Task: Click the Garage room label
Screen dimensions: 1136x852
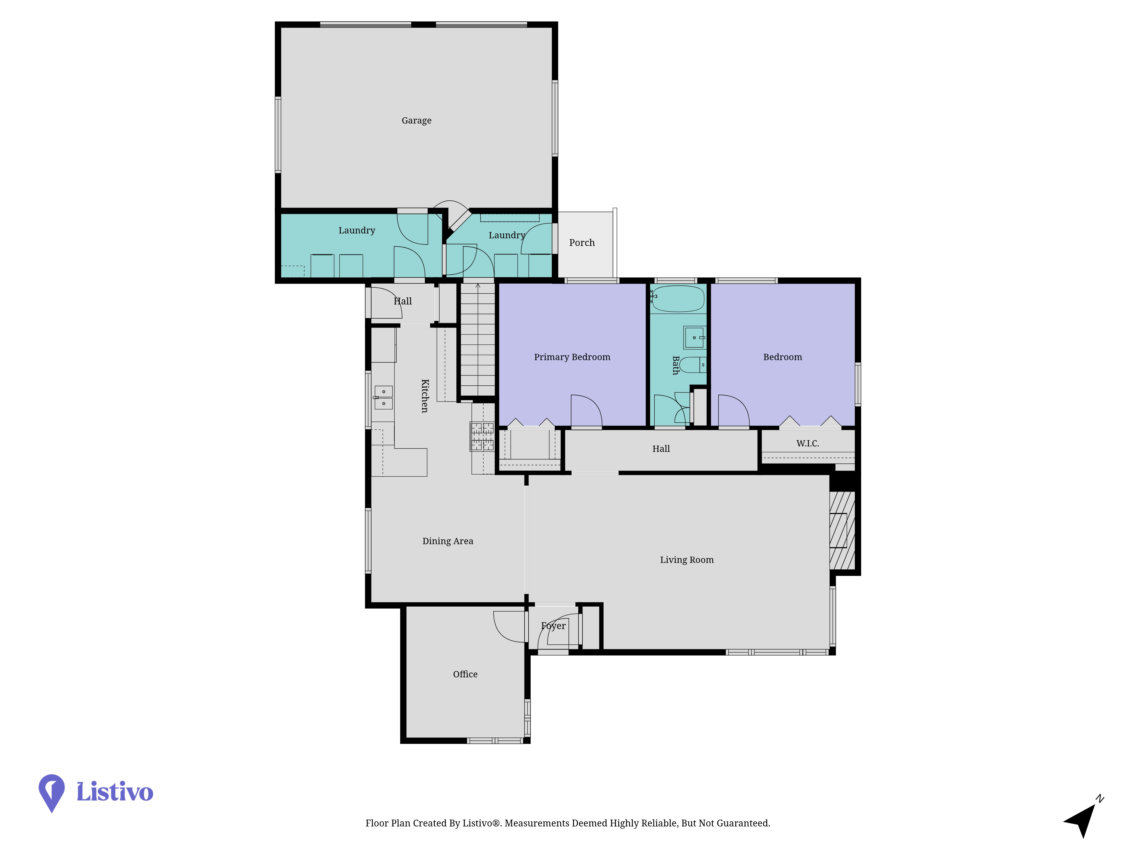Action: tap(417, 121)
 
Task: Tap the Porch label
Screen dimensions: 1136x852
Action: tap(582, 243)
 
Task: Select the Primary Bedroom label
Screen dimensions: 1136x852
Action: tap(572, 357)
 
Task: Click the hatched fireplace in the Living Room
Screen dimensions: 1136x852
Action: tap(842, 531)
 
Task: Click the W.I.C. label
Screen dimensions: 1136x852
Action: tap(808, 443)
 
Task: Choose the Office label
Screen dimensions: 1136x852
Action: tap(465, 674)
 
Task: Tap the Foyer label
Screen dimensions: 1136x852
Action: tap(553, 626)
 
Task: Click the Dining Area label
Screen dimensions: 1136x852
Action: tap(448, 541)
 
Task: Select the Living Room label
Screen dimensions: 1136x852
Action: tap(687, 560)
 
